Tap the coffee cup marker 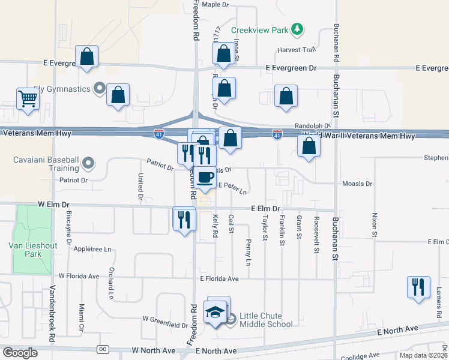tap(205, 178)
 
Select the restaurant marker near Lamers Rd tap(418, 287)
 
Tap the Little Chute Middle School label tap(266, 320)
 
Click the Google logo tap(20, 353)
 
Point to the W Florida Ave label tap(79, 277)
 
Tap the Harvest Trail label tap(296, 50)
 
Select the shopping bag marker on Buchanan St tap(309, 146)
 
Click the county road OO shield tap(103, 349)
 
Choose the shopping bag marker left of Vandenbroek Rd tap(87, 57)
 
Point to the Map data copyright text tap(423, 355)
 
